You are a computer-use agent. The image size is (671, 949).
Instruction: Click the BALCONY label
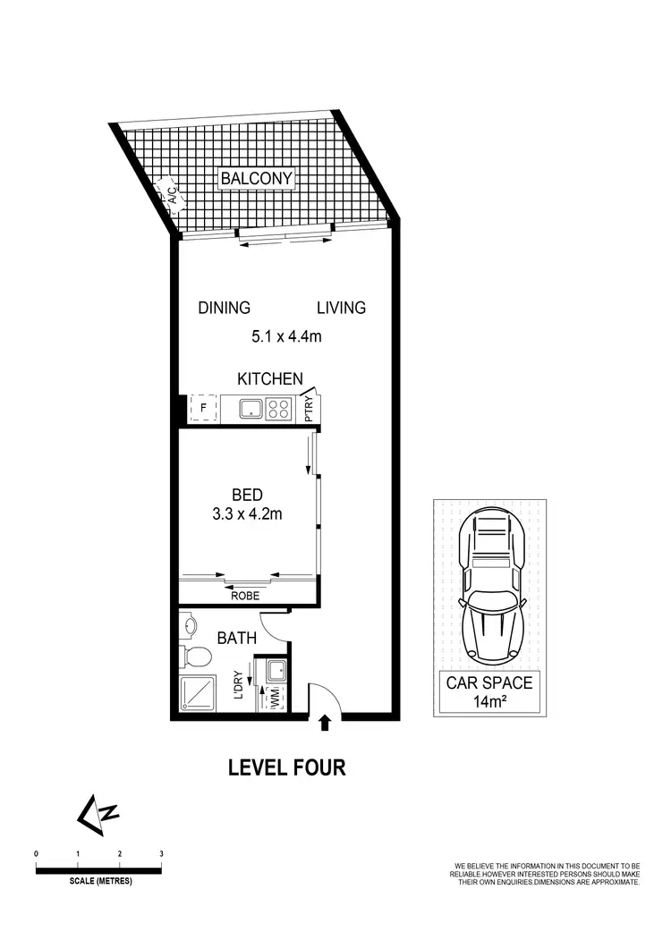(x=257, y=179)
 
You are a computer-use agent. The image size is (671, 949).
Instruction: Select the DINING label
(x=224, y=308)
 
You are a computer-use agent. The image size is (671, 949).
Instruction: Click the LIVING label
(x=341, y=308)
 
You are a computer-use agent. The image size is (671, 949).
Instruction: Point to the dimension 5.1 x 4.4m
(x=285, y=336)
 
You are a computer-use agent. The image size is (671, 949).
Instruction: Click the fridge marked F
(x=204, y=409)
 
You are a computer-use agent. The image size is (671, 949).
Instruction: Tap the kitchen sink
(x=252, y=409)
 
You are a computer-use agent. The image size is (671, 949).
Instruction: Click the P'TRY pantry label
(x=310, y=409)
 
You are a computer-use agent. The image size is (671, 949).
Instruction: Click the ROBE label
(x=245, y=594)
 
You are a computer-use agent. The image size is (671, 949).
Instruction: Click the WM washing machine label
(x=275, y=695)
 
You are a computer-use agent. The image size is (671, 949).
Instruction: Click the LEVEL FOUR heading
(x=286, y=767)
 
